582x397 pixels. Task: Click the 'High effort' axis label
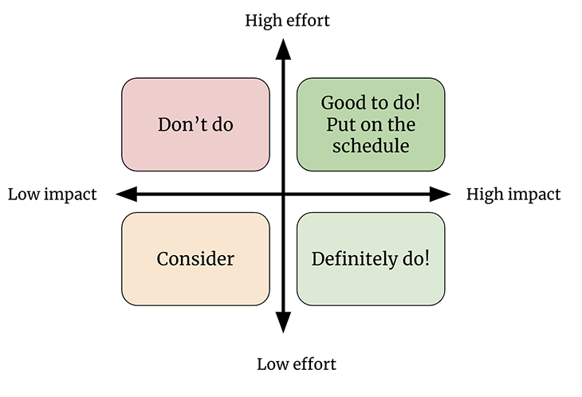[287, 21]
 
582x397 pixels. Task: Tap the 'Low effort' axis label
[297, 364]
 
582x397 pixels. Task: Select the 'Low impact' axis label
[53, 195]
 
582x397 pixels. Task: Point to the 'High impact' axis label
[513, 195]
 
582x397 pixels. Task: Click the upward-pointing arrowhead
[283, 49]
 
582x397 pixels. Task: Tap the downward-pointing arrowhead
[283, 322]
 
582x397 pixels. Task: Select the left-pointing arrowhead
[127, 194]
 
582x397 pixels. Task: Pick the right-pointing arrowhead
[440, 194]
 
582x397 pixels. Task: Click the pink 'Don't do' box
[195, 124]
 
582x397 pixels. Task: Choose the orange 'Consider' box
[195, 259]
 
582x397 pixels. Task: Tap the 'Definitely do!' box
[371, 259]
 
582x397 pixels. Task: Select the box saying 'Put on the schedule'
[371, 124]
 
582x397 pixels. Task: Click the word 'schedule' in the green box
[371, 145]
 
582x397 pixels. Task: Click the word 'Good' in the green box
[338, 103]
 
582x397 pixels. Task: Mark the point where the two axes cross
[283, 194]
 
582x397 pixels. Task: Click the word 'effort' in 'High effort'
[309, 21]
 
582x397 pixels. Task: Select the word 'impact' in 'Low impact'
[70, 195]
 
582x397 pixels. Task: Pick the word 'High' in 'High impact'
[482, 194]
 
